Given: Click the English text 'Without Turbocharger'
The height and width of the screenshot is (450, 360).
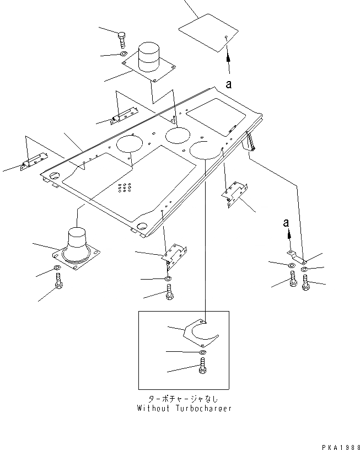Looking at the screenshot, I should click(x=184, y=409).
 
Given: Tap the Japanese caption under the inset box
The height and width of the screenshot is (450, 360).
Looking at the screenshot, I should click(x=184, y=399).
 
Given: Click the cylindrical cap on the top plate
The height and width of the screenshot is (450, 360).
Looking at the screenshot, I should click(x=147, y=57).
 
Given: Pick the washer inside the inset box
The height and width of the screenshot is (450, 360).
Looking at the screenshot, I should click(x=202, y=352).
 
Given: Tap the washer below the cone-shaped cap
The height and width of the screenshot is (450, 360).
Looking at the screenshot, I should click(x=57, y=269).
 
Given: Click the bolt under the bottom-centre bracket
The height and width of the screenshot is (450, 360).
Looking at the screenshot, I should click(x=169, y=292).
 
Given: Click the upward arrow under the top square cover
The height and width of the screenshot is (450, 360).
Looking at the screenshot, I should click(x=228, y=57).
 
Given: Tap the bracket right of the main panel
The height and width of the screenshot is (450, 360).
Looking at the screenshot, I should click(x=234, y=194).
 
